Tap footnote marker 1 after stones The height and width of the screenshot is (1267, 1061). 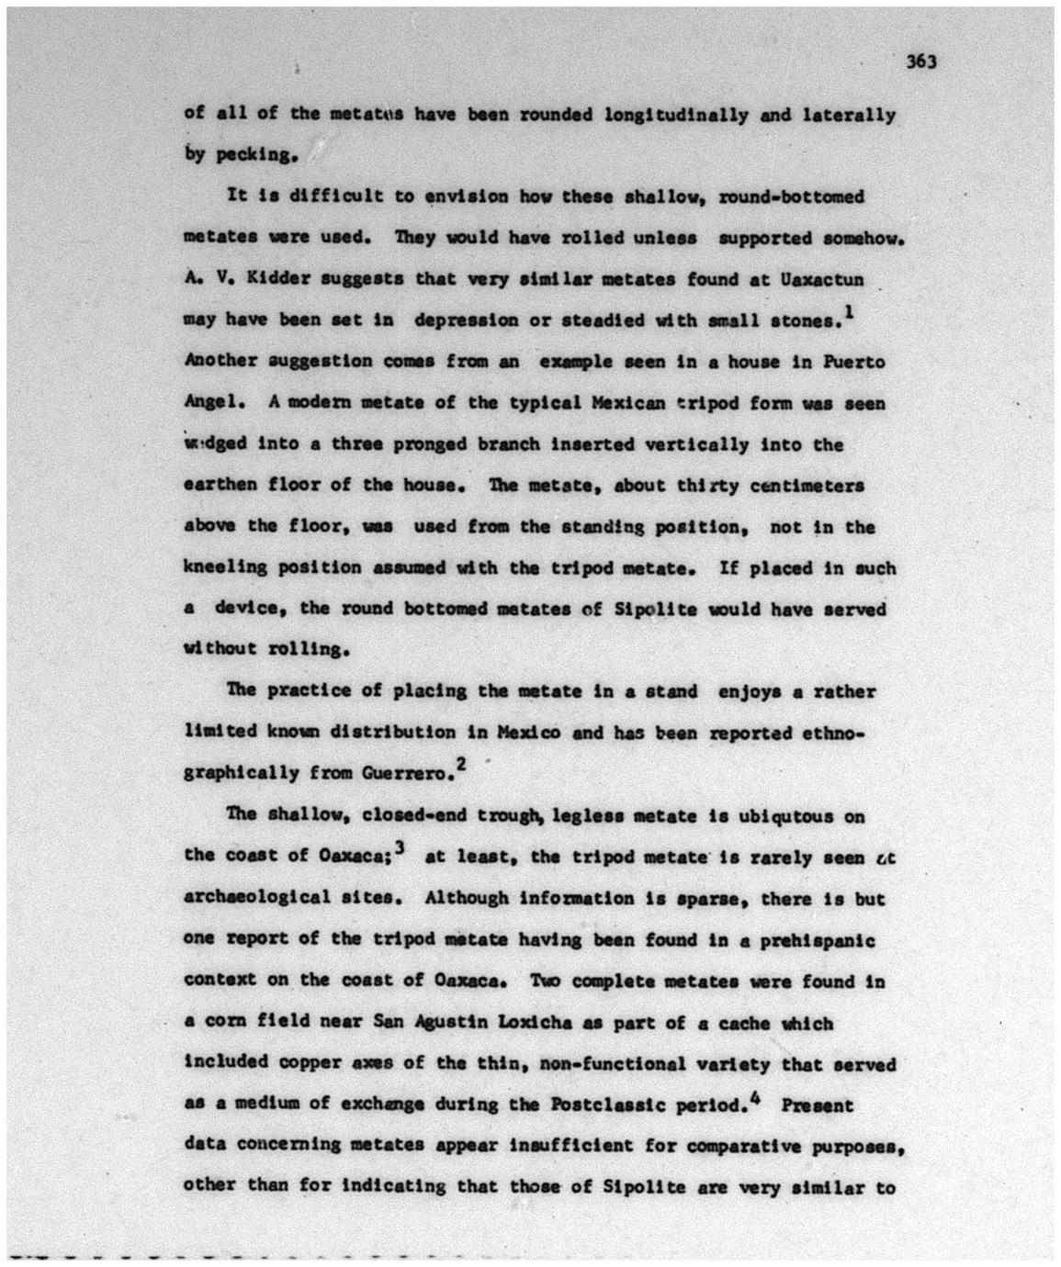[848, 314]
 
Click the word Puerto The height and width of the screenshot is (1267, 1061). [853, 362]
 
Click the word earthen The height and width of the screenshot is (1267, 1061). [220, 486]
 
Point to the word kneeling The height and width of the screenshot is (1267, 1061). [225, 568]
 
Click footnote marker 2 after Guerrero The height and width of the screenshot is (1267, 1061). [461, 764]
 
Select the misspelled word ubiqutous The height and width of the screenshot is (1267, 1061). [790, 815]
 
